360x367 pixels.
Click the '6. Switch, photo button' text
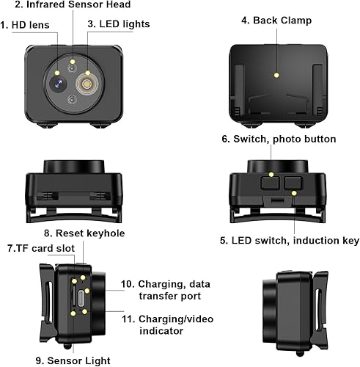click(x=278, y=139)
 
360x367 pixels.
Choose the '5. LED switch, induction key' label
click(x=288, y=240)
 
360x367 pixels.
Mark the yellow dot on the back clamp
click(x=276, y=74)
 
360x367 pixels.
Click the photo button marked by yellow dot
click(x=272, y=175)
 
